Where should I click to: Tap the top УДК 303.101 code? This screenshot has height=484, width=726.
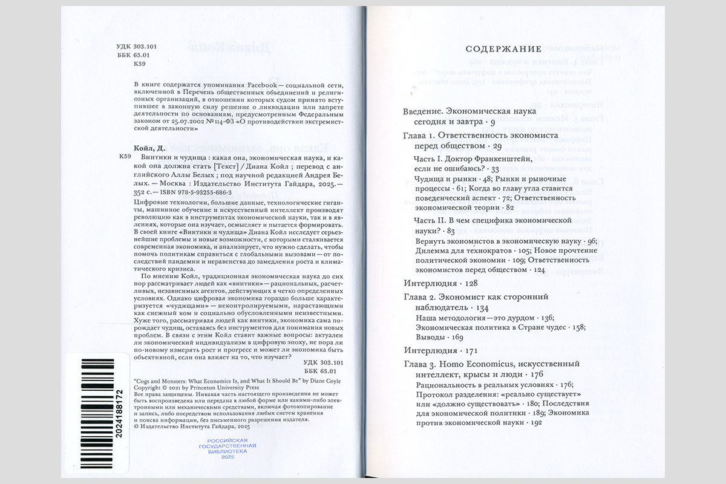pyautogui.click(x=137, y=46)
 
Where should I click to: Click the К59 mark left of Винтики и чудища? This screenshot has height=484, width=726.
pyautogui.click(x=125, y=157)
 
